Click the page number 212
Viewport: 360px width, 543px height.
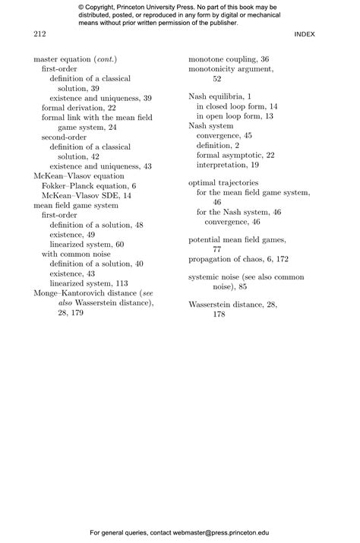click(40, 34)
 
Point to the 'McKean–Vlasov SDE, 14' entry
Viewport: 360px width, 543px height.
click(86, 195)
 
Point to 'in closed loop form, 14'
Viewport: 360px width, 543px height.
click(237, 107)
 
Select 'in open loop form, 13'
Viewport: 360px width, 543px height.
click(235, 117)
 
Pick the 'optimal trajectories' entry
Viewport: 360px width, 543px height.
click(223, 183)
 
